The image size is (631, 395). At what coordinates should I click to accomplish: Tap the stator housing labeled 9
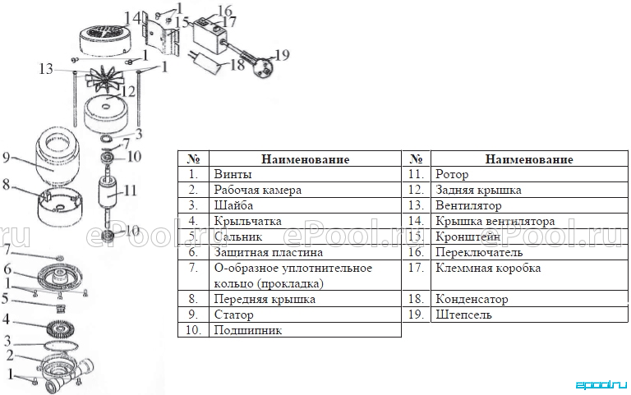tap(58, 158)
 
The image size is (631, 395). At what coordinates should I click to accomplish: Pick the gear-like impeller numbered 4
tap(62, 327)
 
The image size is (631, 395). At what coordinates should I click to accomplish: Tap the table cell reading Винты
tap(233, 174)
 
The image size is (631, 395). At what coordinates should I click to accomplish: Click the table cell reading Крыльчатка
tap(247, 221)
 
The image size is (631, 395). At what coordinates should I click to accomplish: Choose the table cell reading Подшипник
tap(248, 330)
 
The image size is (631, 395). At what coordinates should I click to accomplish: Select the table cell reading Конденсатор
tap(472, 299)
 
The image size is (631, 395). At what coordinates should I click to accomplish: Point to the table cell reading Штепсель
tap(463, 315)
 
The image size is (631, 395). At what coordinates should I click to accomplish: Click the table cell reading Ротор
tap(452, 174)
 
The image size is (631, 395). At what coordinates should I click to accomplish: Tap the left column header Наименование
tap(305, 159)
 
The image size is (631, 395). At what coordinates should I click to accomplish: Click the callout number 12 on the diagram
tap(128, 91)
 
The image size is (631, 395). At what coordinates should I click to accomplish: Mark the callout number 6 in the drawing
tap(7, 269)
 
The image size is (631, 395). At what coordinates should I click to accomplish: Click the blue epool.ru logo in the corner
tap(601, 385)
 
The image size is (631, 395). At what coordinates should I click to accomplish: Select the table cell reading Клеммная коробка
tap(488, 268)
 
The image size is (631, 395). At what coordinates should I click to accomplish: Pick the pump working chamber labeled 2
tap(67, 370)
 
